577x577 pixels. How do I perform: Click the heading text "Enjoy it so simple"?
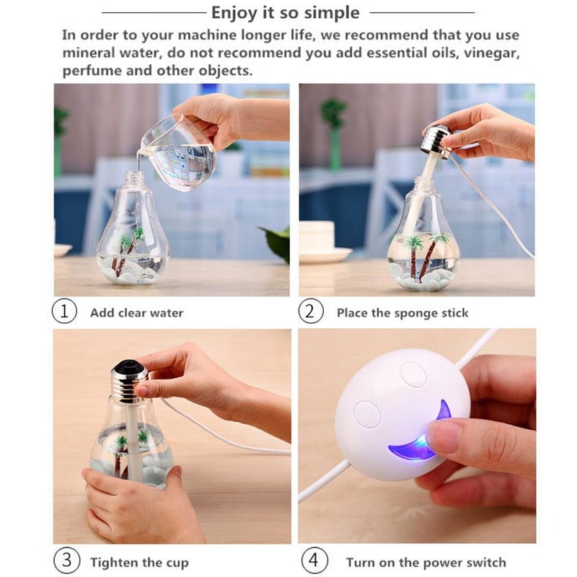(285, 13)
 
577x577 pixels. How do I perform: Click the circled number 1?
(65, 312)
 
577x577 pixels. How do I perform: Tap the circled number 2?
(311, 312)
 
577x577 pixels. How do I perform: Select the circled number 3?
(65, 561)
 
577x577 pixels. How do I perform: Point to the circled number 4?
(315, 561)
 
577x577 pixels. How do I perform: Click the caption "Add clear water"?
(136, 313)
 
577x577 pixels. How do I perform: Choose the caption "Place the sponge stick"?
(402, 313)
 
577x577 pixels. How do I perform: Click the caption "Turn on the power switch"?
(426, 562)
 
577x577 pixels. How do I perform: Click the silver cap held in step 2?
(437, 141)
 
